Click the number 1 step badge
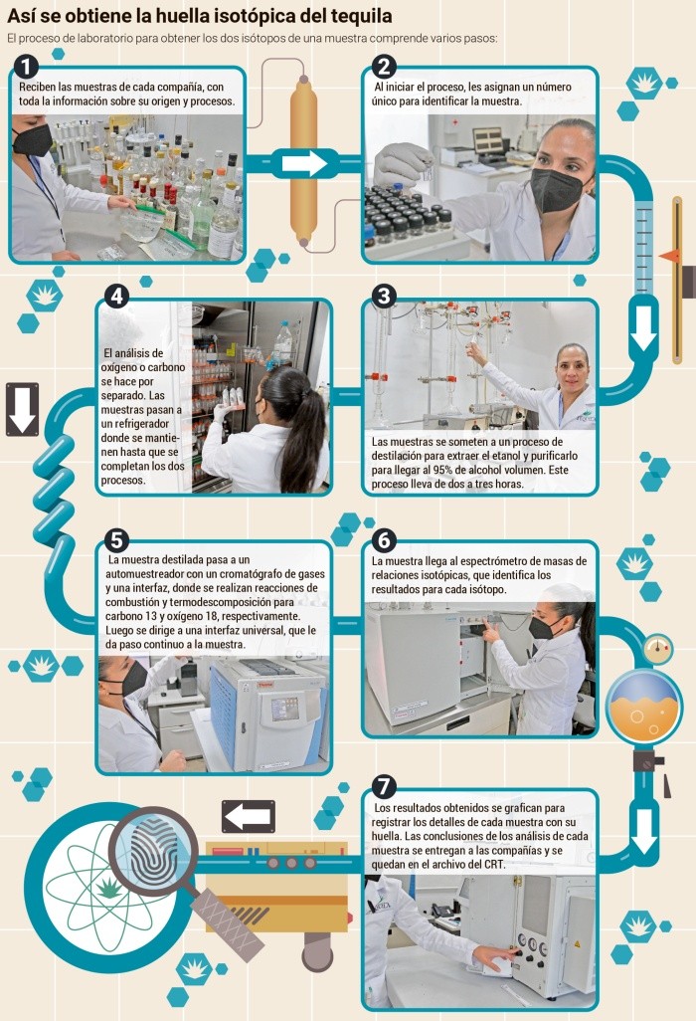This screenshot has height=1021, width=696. point(25,67)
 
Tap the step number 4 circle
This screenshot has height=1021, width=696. point(116,297)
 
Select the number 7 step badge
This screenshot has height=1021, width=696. point(384,786)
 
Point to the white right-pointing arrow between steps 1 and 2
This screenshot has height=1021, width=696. point(305,163)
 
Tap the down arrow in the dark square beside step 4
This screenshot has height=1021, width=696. point(22,410)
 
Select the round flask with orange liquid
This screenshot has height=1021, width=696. point(643,709)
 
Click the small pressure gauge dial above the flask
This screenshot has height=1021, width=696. point(657,649)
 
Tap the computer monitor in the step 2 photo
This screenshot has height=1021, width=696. point(487,140)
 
